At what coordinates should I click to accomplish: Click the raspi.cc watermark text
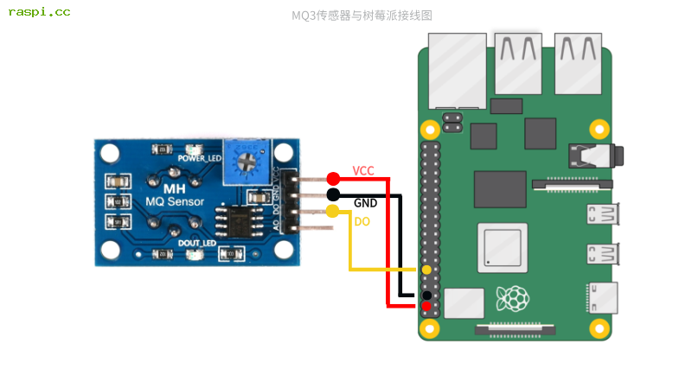(40, 12)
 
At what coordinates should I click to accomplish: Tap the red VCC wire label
(363, 171)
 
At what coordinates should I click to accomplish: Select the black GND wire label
(365, 203)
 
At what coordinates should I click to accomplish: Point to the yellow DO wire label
(362, 222)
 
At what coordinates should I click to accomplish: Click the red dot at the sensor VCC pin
(333, 178)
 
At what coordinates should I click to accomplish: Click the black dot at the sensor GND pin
(333, 194)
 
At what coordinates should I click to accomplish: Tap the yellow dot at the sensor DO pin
(333, 212)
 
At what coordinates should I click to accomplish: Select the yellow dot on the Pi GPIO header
(426, 270)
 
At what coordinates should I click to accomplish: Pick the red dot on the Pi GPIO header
(426, 306)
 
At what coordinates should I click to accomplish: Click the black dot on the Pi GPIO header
(426, 296)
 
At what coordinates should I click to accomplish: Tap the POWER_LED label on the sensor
(199, 159)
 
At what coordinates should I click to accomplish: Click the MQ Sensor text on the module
(174, 202)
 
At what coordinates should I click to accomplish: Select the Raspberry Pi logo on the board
(512, 299)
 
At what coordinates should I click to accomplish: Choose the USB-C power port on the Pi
(602, 299)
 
